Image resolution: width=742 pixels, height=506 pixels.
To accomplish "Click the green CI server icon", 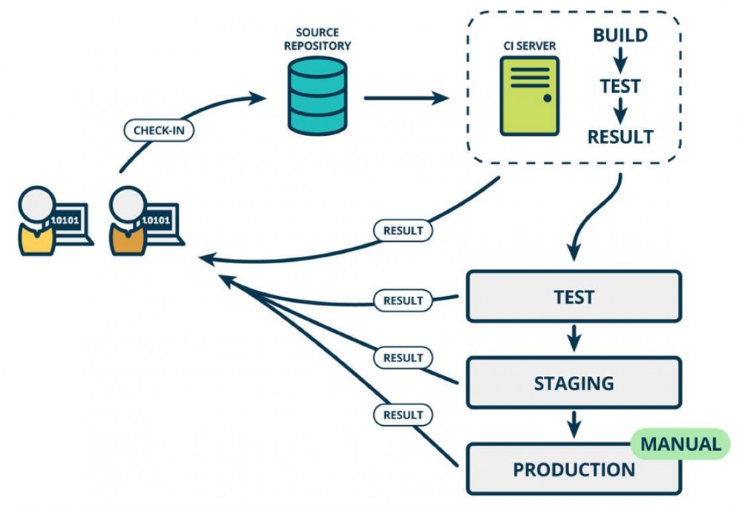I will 529,96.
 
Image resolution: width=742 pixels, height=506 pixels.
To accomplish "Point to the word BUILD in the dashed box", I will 620,35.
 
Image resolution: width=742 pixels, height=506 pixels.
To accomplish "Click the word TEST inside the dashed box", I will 620,86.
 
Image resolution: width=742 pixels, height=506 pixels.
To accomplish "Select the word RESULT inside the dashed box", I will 620,137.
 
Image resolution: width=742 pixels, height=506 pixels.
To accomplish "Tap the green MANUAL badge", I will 680,444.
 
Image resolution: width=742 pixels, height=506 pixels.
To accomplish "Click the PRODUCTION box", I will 573,470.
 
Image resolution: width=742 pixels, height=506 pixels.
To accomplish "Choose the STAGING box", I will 573,383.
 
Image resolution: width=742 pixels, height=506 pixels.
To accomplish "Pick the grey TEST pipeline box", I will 573,297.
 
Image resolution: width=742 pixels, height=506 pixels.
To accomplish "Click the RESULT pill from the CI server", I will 403,230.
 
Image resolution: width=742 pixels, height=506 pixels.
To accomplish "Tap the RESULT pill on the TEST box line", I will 403,300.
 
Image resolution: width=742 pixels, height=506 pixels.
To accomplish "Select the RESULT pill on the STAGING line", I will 403,358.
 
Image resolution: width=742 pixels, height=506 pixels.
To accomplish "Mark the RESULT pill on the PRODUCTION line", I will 403,415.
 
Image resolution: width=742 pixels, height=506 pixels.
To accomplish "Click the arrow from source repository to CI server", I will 407,97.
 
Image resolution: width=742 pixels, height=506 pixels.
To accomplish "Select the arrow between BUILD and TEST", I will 620,60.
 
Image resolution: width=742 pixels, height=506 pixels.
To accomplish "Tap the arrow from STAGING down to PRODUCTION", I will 573,425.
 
